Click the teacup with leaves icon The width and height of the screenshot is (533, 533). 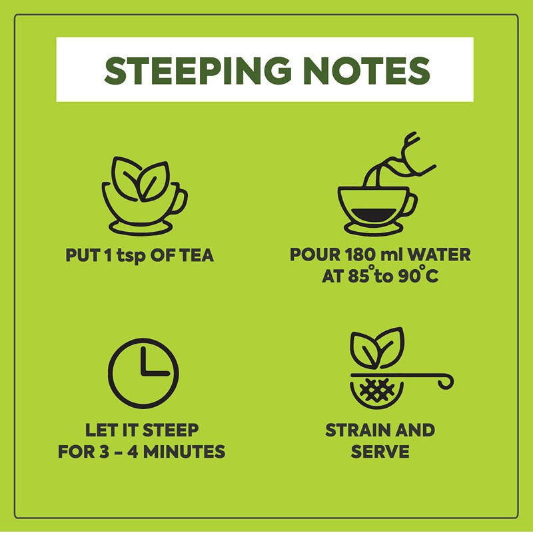pyautogui.click(x=145, y=196)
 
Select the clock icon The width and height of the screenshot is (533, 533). pyautogui.click(x=143, y=373)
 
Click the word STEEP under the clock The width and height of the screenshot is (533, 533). pyautogui.click(x=171, y=430)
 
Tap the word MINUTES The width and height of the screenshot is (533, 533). pyautogui.click(x=185, y=452)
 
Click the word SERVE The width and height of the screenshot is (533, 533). pyautogui.click(x=380, y=452)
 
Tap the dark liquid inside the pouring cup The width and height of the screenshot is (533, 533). pyautogui.click(x=374, y=214)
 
